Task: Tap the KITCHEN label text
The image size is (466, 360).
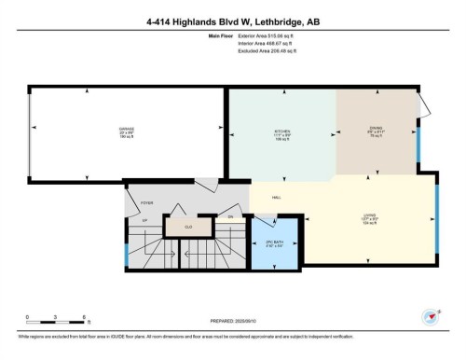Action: (x=283, y=132)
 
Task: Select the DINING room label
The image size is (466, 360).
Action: (x=375, y=132)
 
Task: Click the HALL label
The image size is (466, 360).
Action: (x=277, y=198)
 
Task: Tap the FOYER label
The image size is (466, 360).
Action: (x=146, y=201)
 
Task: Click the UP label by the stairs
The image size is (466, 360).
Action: (x=145, y=220)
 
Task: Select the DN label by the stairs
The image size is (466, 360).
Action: (x=229, y=217)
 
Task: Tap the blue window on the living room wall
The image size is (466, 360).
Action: (x=436, y=219)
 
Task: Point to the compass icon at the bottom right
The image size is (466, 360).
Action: (x=431, y=316)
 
